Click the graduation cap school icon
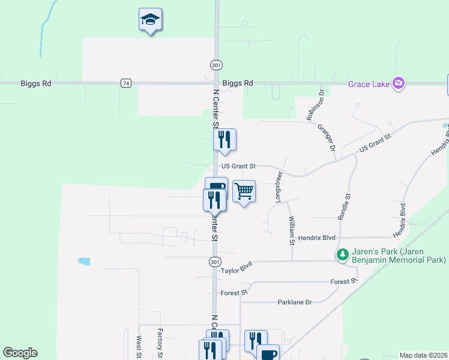[x=150, y=20]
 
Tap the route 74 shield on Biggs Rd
[x=125, y=83]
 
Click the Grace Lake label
[x=369, y=83]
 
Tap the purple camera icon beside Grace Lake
[x=397, y=82]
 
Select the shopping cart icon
[x=244, y=191]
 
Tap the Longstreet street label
[x=279, y=188]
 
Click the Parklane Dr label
[x=295, y=302]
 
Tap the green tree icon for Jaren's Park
[x=343, y=255]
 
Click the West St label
[x=139, y=347]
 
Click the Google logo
[x=20, y=353]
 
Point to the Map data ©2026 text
[x=423, y=355]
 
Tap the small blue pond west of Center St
[x=84, y=262]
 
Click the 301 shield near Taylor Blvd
[x=214, y=262]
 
